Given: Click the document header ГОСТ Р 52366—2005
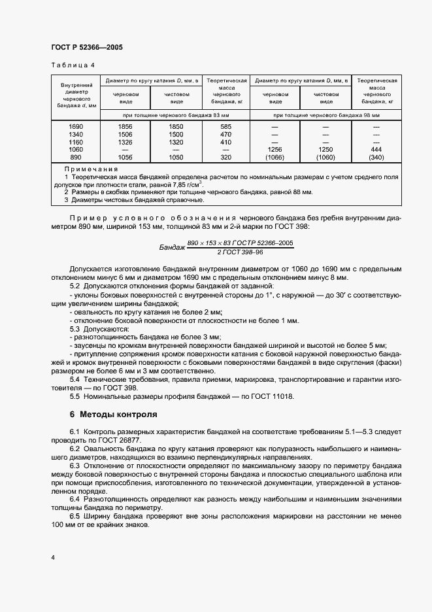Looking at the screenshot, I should pos(86,47).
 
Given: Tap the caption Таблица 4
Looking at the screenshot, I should pos(73,65).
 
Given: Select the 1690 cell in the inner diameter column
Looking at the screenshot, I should pos(76,126).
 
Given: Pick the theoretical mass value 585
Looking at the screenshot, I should pos(226,126).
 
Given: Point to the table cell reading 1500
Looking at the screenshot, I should pos(176,134).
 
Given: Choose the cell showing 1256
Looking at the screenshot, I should pos(275,150).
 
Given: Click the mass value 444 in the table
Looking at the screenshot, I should pos(376,150).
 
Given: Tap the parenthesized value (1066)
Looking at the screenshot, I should pos(275,158).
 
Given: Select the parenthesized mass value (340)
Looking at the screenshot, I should pos(376,158).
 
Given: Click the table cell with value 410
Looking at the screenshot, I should pos(226,142).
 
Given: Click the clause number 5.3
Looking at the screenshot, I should pos(75,328).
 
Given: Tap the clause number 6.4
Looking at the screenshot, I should pos(75,499).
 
